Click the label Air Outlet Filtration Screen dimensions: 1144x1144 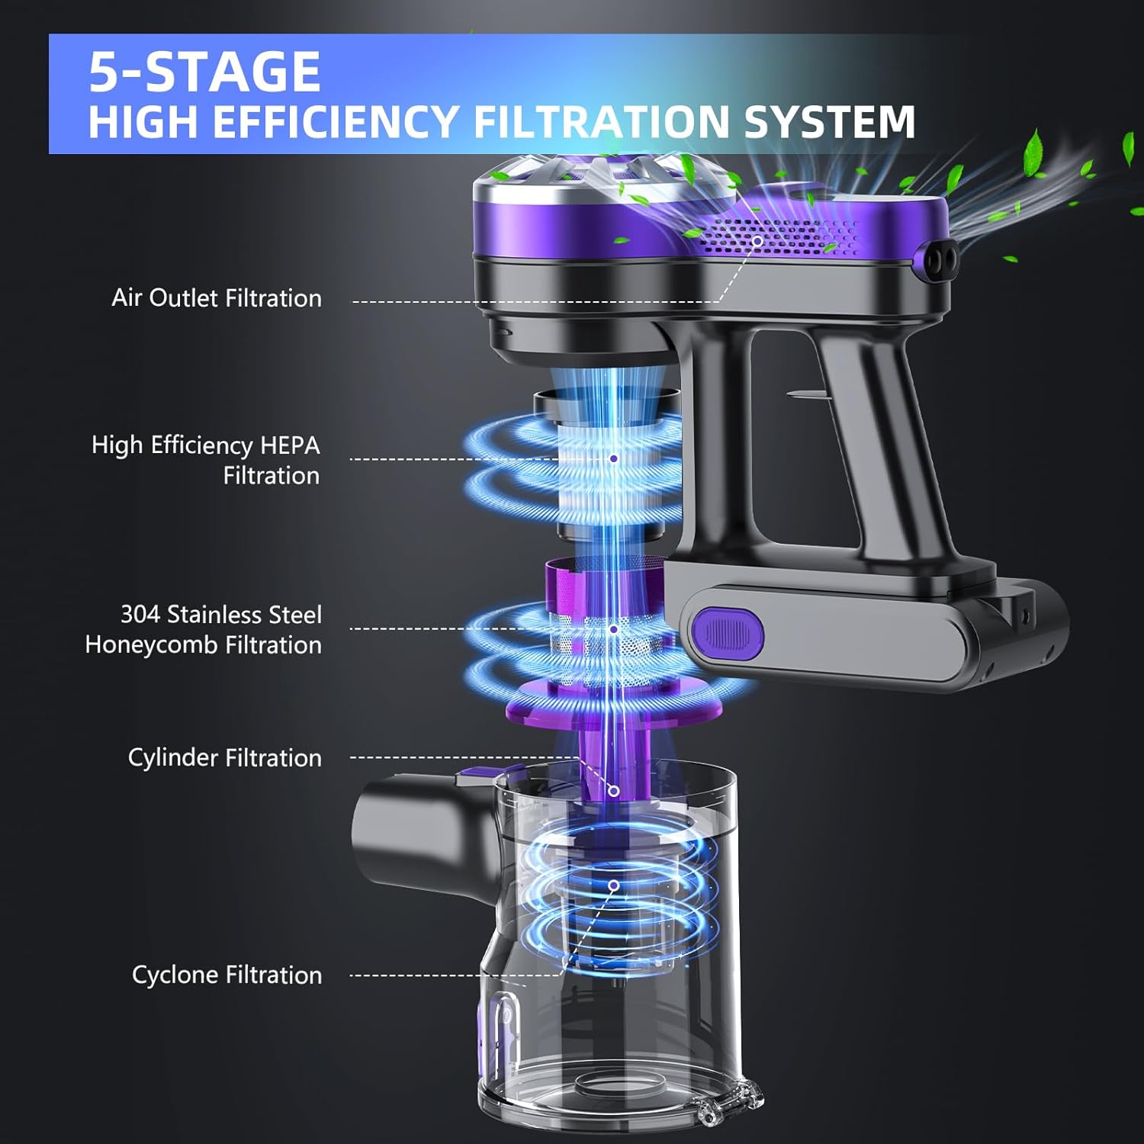[x=217, y=297]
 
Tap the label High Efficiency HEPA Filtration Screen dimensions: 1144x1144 [x=206, y=460]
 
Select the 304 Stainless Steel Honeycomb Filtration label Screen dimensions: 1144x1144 [x=204, y=629]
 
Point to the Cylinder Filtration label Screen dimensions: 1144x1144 [x=225, y=757]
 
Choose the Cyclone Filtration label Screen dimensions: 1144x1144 [x=227, y=975]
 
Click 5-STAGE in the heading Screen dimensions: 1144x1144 [x=204, y=72]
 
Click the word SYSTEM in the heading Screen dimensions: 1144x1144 [x=829, y=122]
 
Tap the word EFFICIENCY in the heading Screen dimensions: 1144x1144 [x=336, y=122]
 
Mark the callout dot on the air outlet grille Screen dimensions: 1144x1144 [x=757, y=241]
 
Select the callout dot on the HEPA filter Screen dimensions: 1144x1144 [x=614, y=458]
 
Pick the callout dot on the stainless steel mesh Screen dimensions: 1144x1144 [x=614, y=629]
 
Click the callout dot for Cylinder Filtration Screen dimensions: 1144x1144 [x=613, y=791]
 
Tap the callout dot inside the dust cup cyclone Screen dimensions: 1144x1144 [x=613, y=885]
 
